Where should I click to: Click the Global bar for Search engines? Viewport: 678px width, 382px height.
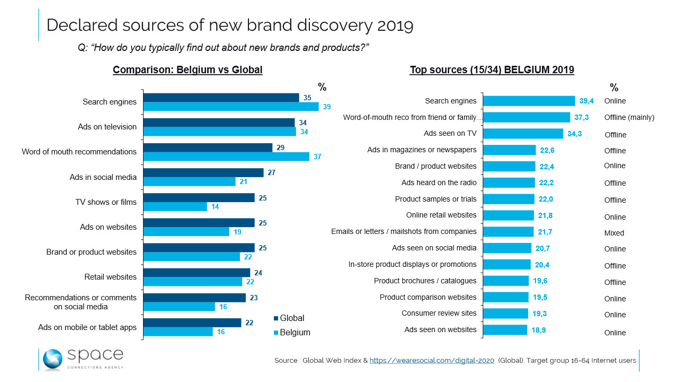pyautogui.click(x=221, y=98)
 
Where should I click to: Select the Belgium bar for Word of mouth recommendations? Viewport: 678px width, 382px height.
pyautogui.click(x=226, y=157)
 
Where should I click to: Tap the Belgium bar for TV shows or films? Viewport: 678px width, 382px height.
pyautogui.click(x=175, y=207)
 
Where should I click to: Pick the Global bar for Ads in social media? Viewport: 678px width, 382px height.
pyautogui.click(x=203, y=172)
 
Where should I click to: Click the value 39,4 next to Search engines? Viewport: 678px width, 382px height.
pyautogui.click(x=586, y=101)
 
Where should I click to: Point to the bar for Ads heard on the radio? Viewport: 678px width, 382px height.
pyautogui.click(x=509, y=183)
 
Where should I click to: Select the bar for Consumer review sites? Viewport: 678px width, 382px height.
pyautogui.click(x=506, y=314)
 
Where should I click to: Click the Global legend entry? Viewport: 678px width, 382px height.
pyautogui.click(x=289, y=318)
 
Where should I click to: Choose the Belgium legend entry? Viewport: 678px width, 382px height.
pyautogui.click(x=292, y=333)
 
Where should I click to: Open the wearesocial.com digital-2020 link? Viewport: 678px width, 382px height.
pyautogui.click(x=432, y=361)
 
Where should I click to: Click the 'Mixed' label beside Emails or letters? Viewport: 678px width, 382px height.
pyautogui.click(x=614, y=233)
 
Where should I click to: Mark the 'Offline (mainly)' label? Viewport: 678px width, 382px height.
pyautogui.click(x=629, y=118)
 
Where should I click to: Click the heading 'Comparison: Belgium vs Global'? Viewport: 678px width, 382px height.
pyautogui.click(x=188, y=70)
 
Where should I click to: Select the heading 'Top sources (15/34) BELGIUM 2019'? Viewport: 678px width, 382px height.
pyautogui.click(x=492, y=70)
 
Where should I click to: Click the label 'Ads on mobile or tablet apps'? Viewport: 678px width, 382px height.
pyautogui.click(x=87, y=327)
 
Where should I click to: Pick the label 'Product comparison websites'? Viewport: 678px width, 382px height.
pyautogui.click(x=428, y=297)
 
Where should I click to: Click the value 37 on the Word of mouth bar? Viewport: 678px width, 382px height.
pyautogui.click(x=317, y=157)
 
